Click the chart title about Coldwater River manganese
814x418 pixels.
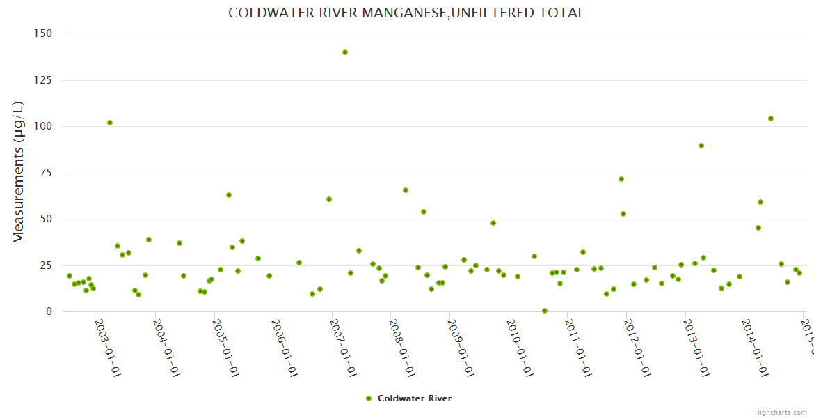[406, 13]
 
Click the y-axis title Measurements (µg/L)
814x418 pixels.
[19, 171]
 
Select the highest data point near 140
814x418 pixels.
[345, 52]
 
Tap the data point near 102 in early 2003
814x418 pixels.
[110, 123]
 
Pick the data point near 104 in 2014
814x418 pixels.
[771, 118]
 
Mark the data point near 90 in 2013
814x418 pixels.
[701, 146]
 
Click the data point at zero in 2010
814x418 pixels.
[545, 311]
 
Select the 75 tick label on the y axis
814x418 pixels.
[46, 173]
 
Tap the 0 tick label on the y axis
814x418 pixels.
[49, 311]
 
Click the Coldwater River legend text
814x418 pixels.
[415, 398]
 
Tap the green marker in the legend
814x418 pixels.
[369, 398]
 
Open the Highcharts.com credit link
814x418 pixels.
[781, 412]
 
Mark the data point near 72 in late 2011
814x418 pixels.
[621, 179]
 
